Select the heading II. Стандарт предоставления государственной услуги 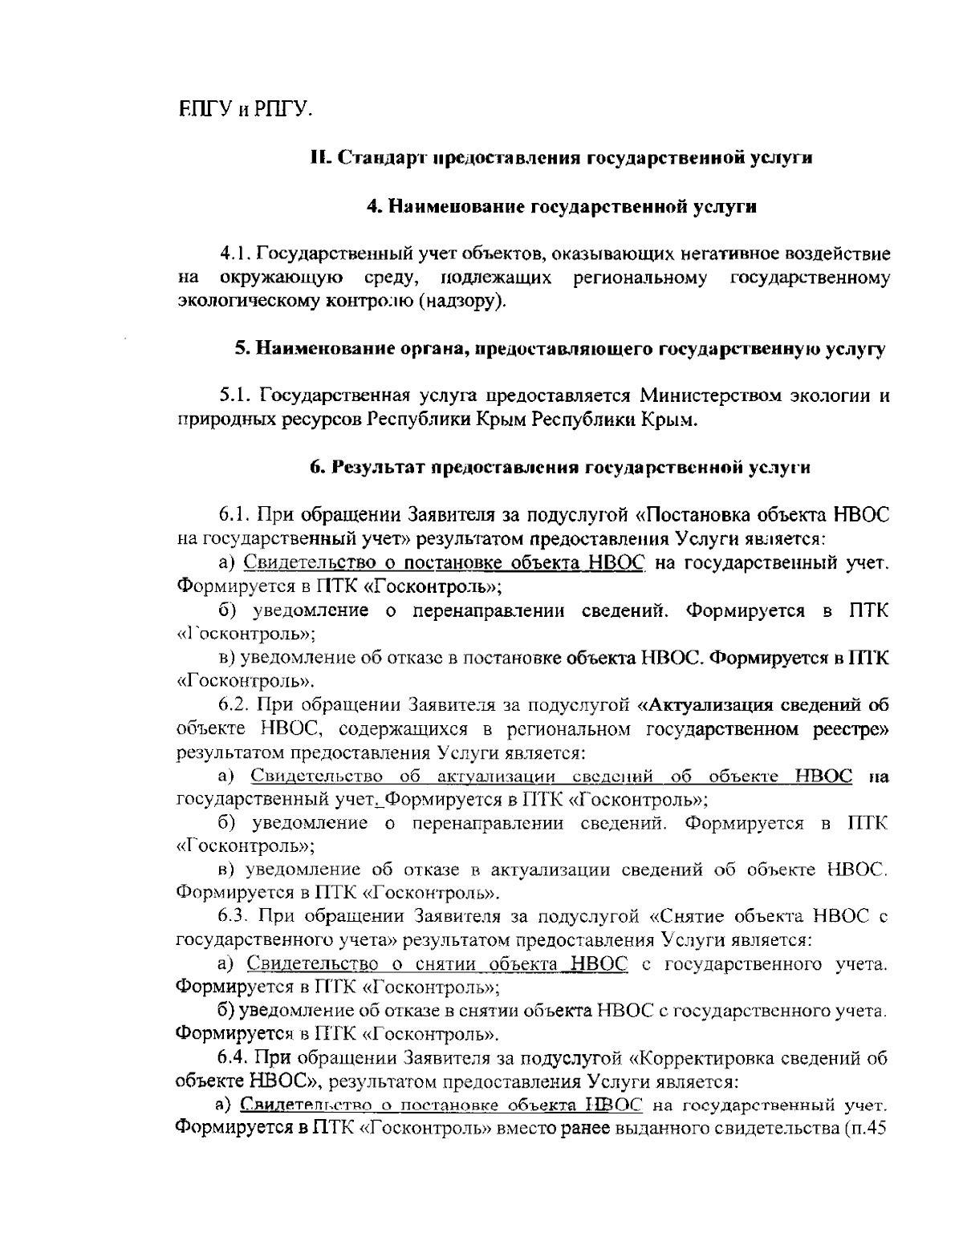(562, 157)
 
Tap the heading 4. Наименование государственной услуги (562, 206)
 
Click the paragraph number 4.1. (236, 254)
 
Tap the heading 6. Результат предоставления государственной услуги (560, 468)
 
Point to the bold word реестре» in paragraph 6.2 (849, 729)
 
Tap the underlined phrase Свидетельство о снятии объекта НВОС (437, 963)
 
